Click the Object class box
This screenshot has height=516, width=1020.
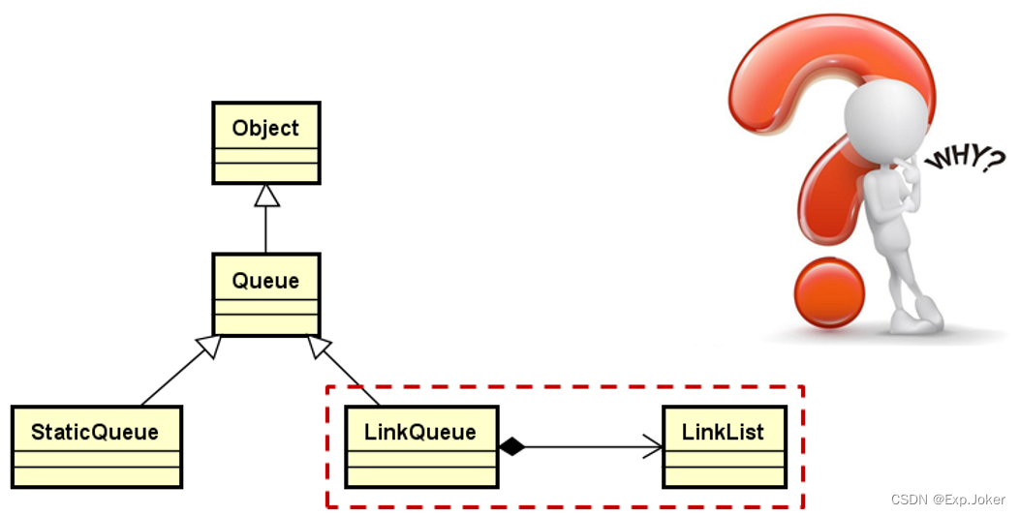coord(265,143)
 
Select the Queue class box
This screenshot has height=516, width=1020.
coord(265,294)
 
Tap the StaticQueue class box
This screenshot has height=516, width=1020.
coord(96,446)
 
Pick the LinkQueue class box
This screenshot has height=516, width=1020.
coord(421,446)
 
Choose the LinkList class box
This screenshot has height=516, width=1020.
coord(724,446)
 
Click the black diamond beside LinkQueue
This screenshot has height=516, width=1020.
coord(511,446)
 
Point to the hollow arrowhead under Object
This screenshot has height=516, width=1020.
coord(266,195)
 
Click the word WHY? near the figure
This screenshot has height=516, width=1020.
coord(964,160)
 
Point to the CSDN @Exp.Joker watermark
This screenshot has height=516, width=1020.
coord(947,500)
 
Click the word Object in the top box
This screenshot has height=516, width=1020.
coord(265,128)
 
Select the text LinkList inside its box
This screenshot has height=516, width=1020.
coord(724,432)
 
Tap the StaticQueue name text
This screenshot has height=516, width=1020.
coord(95,432)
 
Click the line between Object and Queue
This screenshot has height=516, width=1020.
coord(266,228)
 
